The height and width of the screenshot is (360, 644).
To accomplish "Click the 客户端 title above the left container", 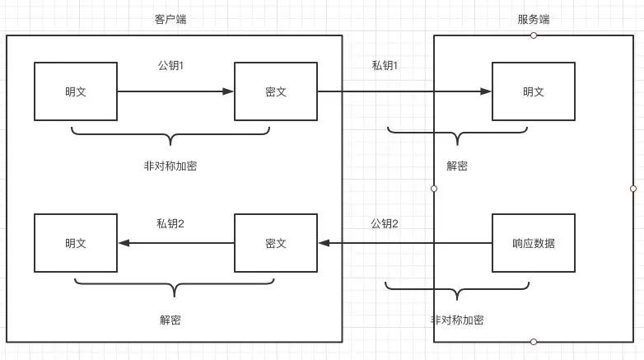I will tap(170, 19).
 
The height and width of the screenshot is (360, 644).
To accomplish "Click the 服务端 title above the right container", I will tap(534, 19).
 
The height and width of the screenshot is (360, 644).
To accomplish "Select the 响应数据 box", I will tap(533, 243).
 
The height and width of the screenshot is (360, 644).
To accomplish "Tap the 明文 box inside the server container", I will tap(533, 91).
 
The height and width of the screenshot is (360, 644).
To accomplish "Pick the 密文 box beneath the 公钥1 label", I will tap(276, 91).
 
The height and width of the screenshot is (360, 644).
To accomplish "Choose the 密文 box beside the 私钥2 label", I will tap(276, 243).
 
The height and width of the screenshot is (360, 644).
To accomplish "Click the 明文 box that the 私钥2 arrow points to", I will tap(76, 243).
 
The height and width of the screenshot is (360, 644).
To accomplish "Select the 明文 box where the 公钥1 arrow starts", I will tap(76, 91).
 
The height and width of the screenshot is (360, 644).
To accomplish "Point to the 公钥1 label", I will tap(170, 65).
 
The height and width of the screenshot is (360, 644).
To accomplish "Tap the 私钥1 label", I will tap(385, 65).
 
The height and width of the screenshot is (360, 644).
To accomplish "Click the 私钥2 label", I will tap(170, 223).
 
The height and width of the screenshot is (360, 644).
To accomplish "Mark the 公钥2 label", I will tap(385, 223).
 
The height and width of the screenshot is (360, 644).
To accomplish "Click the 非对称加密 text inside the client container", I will tap(170, 166).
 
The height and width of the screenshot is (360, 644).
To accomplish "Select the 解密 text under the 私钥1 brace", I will tap(457, 166).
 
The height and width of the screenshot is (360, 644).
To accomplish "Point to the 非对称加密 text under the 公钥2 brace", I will tap(457, 320).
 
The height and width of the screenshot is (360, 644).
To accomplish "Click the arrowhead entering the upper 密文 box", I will tap(229, 91).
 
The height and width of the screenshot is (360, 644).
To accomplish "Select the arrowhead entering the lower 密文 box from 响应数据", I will tap(324, 243).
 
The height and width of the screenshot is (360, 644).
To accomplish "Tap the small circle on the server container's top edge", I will tap(534, 35).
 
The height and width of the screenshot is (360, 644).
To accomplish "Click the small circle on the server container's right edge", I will tap(632, 189).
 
